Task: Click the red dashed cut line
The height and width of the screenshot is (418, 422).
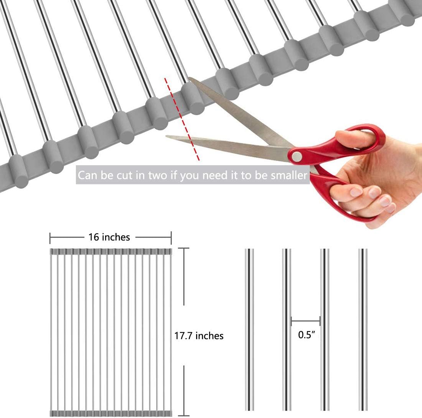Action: click(x=182, y=119)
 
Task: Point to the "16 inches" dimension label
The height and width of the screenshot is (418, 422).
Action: click(x=109, y=237)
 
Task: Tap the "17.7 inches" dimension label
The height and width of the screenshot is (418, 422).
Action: click(x=199, y=336)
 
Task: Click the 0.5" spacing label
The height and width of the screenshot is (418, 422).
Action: click(x=306, y=335)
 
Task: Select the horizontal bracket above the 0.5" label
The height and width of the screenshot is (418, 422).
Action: click(x=306, y=321)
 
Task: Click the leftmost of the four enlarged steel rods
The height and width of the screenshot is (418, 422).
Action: click(x=249, y=329)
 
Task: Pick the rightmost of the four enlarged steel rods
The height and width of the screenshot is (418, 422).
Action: click(x=363, y=329)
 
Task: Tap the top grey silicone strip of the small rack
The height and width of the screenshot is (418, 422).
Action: click(x=111, y=251)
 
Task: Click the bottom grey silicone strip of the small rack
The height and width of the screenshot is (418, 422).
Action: click(x=111, y=413)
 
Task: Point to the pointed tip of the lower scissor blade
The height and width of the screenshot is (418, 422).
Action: click(x=166, y=136)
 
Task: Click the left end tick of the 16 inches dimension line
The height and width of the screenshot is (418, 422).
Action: click(x=50, y=237)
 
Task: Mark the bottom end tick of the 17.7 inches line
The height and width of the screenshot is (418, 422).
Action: click(x=184, y=416)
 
